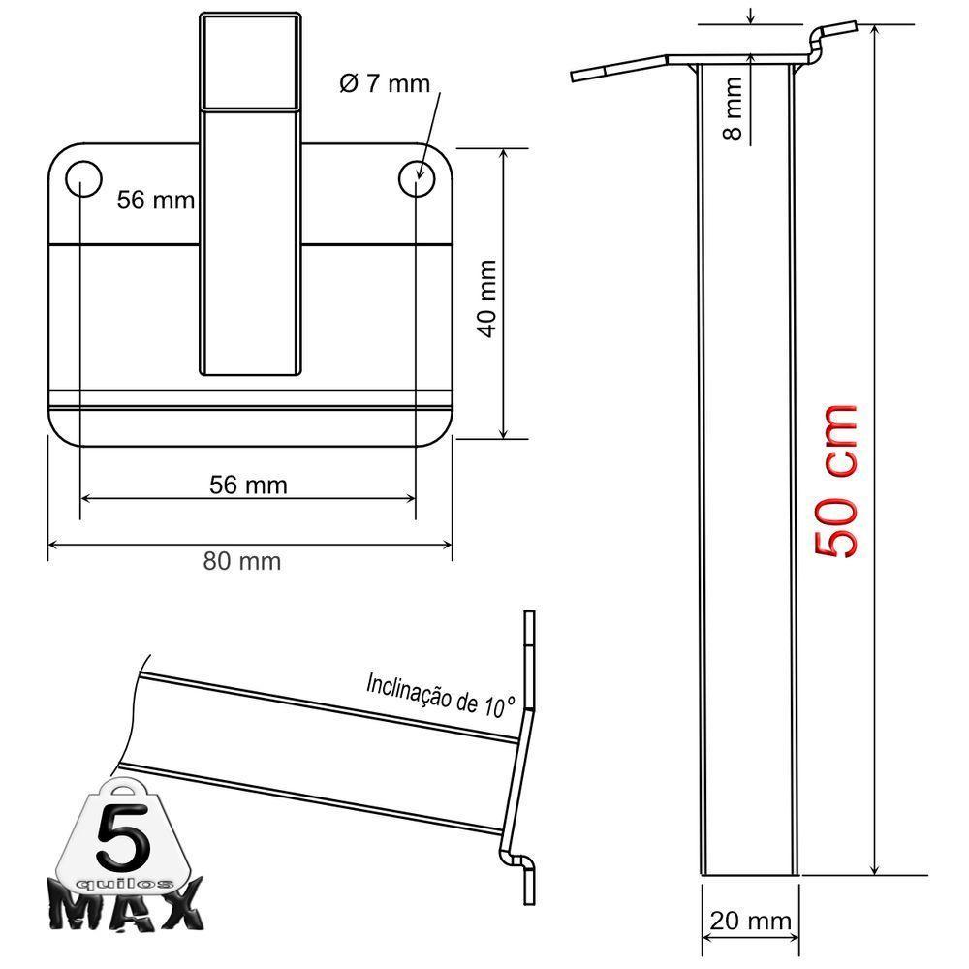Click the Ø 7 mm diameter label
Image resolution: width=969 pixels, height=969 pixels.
tap(384, 83)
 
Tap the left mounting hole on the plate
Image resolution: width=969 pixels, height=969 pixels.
tap(83, 177)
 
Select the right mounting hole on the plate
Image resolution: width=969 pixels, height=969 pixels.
tap(417, 177)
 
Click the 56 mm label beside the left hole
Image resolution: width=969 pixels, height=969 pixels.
tap(155, 201)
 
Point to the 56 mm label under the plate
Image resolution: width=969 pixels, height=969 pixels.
tap(248, 484)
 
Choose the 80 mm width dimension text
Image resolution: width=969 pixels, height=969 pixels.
tap(242, 560)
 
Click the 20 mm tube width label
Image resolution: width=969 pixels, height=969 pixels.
tap(750, 921)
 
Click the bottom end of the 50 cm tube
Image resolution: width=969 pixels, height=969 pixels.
tap(748, 873)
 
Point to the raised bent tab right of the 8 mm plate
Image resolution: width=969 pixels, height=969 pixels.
tap(829, 39)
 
